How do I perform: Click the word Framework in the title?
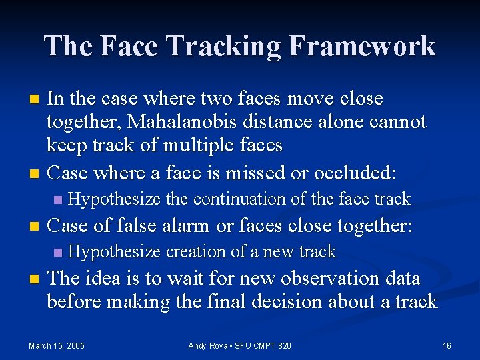(363, 47)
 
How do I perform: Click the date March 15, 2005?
(57, 345)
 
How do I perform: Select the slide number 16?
(447, 345)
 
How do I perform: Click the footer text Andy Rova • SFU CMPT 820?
(240, 345)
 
